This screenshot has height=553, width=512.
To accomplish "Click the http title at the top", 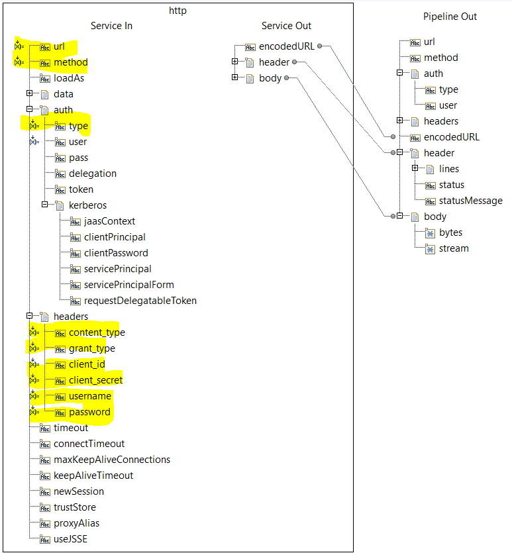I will [x=177, y=10].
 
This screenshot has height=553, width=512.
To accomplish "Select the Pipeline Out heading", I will [x=450, y=17].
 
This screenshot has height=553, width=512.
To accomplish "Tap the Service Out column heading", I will [x=286, y=26].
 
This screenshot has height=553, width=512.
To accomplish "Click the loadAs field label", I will [x=69, y=78].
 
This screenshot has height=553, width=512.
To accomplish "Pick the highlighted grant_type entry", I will [x=91, y=348].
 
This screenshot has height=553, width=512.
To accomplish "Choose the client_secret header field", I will [x=95, y=380].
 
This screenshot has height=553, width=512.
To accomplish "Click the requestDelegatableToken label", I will [x=140, y=301].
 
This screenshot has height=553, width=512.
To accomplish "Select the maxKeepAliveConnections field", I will [x=112, y=460].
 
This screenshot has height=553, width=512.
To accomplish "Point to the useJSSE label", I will [x=70, y=539].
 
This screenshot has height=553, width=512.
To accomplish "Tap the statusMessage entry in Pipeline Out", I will [x=470, y=201].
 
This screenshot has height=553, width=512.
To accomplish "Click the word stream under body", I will [x=454, y=248].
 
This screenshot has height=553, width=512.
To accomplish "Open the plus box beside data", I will [x=29, y=94].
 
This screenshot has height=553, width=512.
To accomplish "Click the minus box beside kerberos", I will [x=44, y=205].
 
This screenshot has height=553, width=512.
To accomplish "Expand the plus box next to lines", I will [x=415, y=169].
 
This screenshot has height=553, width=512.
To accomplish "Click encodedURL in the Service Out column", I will [x=286, y=46].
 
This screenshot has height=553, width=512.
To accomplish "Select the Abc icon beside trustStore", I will [x=45, y=508].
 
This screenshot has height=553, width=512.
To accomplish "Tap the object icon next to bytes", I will [x=431, y=233].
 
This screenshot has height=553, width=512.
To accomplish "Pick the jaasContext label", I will [x=109, y=221].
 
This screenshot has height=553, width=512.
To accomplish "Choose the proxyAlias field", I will [x=76, y=523].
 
